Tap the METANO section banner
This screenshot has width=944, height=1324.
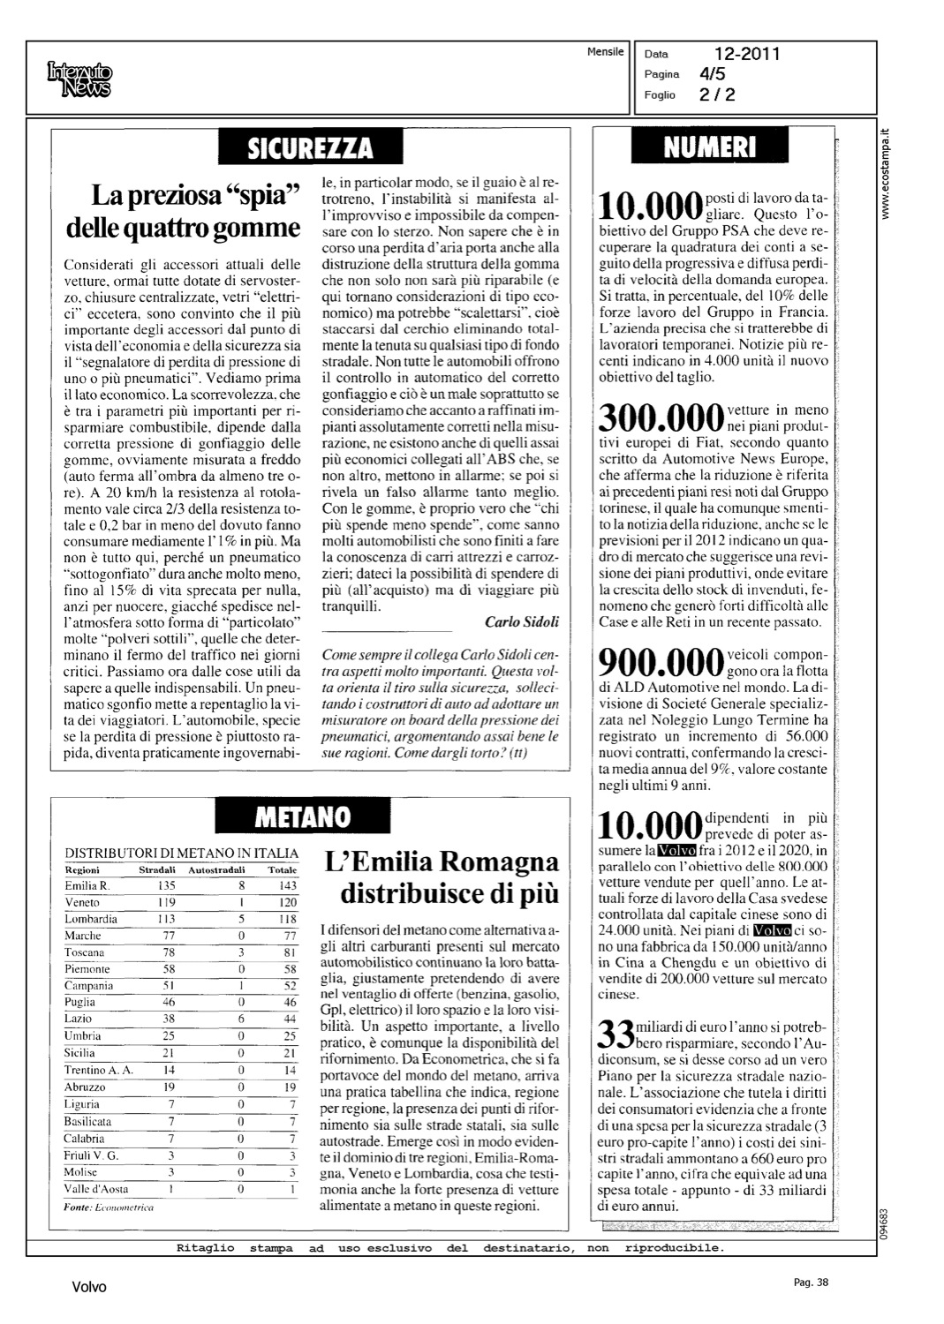point(302,816)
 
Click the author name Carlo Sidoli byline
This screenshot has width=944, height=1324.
point(522,621)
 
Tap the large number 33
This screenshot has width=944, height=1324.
point(616,1033)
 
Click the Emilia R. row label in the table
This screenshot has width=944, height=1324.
point(87,885)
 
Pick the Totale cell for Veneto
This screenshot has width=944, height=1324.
point(287,902)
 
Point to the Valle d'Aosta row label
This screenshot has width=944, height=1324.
point(96,1189)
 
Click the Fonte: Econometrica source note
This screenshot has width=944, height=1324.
point(110,1207)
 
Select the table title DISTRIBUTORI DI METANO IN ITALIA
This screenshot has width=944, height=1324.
point(182,854)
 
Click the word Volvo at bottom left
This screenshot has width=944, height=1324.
point(89,1287)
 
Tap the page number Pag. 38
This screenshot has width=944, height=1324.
point(811,1283)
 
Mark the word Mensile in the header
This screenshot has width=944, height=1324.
point(605,52)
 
